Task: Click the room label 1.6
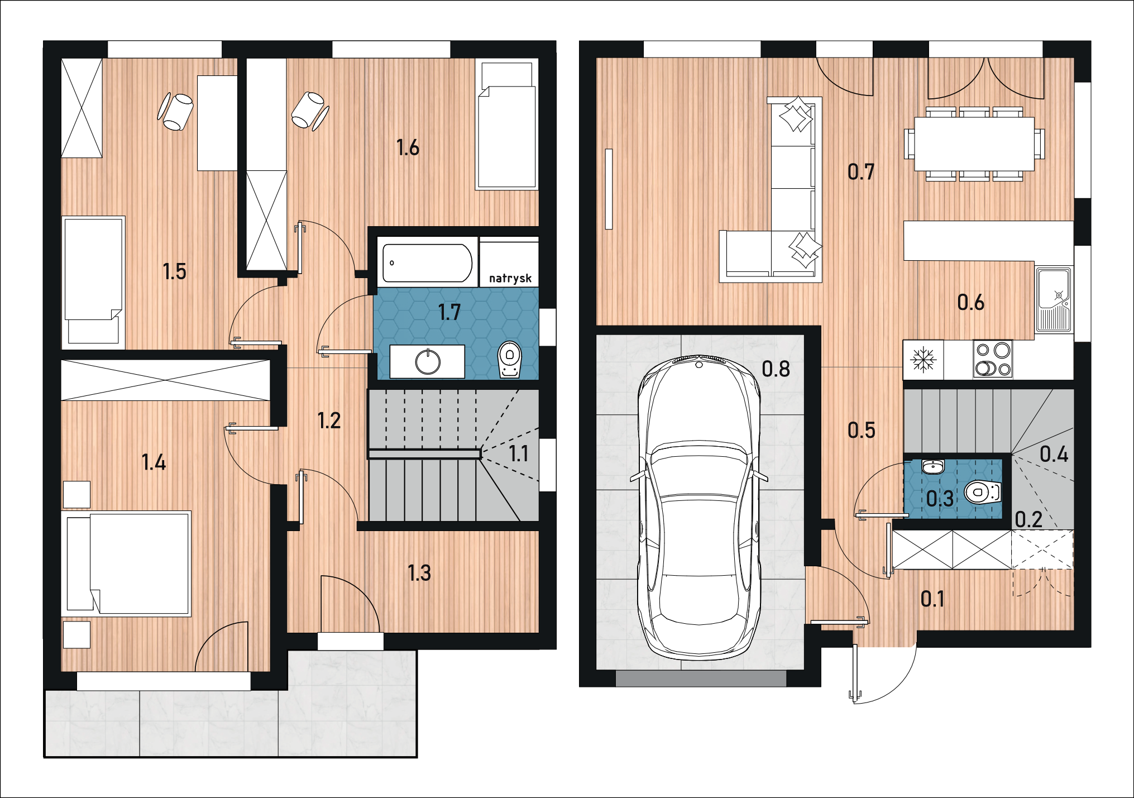[408, 147]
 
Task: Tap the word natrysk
[510, 278]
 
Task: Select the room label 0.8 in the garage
[776, 369]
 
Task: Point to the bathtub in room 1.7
[428, 262]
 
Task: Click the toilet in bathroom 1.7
[509, 359]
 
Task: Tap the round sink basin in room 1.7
[428, 362]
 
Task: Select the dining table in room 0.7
[974, 144]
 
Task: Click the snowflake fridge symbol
[923, 359]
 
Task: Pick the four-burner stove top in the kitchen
[993, 359]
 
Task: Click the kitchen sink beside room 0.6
[1054, 300]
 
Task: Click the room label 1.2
[329, 420]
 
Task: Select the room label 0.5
[862, 430]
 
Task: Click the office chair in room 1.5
[176, 111]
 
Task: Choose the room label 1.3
[419, 573]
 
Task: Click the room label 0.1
[932, 599]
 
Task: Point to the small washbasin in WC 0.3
[933, 466]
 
